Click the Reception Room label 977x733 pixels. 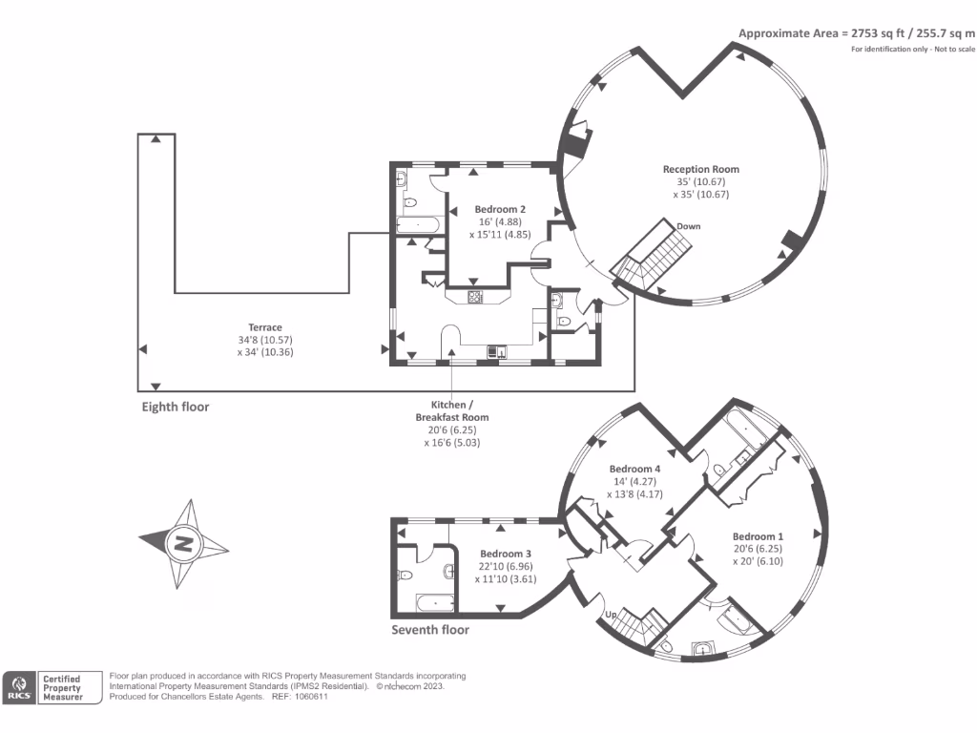[x=701, y=170]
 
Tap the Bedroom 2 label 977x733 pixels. [x=500, y=209]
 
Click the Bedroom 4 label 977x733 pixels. [x=634, y=469]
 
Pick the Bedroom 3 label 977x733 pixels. [x=506, y=554]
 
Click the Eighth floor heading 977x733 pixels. [x=175, y=407]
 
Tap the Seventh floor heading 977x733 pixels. [x=430, y=630]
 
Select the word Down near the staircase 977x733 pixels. [x=689, y=226]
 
